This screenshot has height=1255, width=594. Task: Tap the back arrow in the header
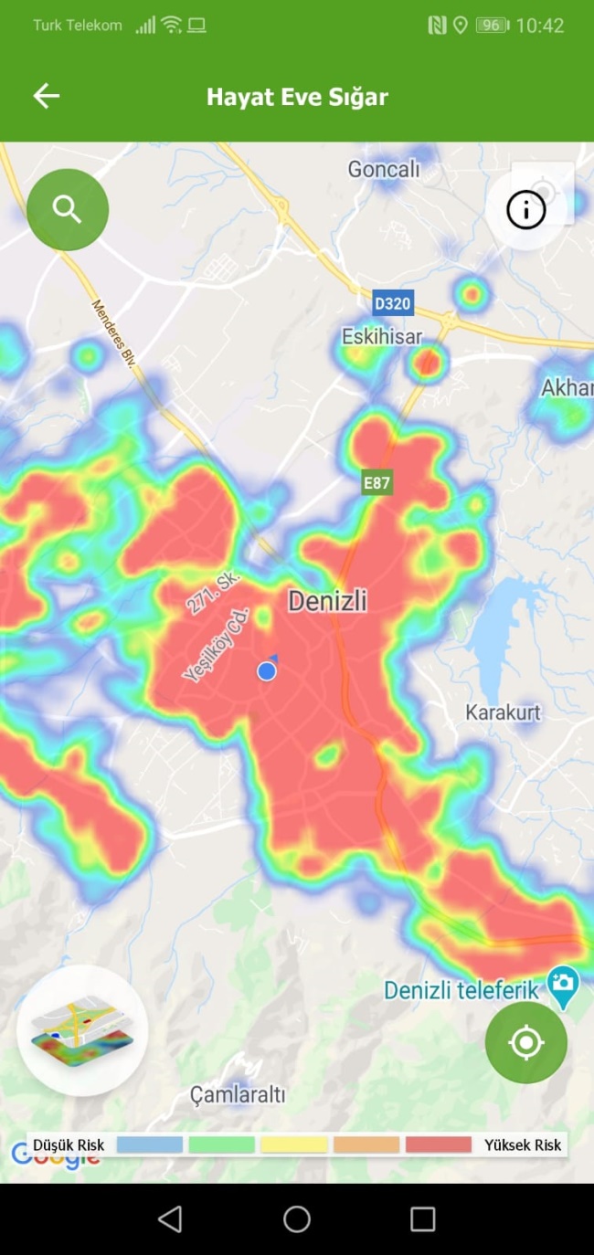(x=46, y=96)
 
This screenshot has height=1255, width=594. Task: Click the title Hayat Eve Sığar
(x=297, y=97)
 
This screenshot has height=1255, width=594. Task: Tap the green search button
(x=68, y=209)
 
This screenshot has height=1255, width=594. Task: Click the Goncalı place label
(x=383, y=169)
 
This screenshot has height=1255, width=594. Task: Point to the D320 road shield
(x=393, y=302)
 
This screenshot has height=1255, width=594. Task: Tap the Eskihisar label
(x=382, y=336)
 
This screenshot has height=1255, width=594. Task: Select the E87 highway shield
(x=377, y=483)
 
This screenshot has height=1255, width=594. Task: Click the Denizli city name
(x=327, y=600)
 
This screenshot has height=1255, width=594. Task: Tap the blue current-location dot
(x=267, y=671)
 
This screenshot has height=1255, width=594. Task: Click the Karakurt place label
(x=503, y=712)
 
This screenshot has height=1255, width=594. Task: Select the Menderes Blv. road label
(x=114, y=334)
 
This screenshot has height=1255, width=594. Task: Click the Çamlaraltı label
(x=238, y=1093)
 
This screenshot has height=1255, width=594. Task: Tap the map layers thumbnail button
(x=82, y=1031)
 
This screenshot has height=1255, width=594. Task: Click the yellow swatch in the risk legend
(x=293, y=1144)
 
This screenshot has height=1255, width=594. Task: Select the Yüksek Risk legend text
(x=523, y=1144)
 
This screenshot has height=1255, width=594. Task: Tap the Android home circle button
(x=297, y=1218)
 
